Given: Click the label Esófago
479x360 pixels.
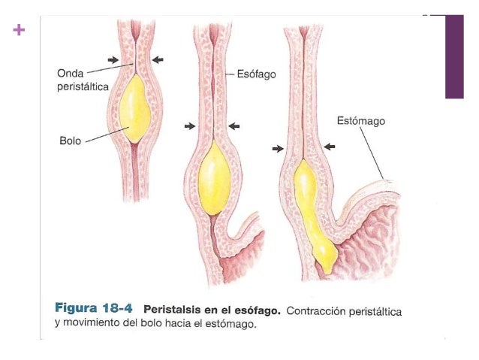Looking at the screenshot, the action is [257, 75].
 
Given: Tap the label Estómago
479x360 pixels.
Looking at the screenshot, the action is [361, 120].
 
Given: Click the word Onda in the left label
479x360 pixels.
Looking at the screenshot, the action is [71, 74].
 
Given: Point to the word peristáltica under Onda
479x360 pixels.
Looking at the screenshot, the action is [83, 87].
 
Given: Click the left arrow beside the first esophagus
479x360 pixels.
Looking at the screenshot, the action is [113, 59].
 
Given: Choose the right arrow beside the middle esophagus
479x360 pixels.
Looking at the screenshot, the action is [235, 126].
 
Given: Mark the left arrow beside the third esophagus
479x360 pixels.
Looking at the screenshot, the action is [278, 149].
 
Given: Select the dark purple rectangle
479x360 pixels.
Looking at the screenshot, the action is [454, 56].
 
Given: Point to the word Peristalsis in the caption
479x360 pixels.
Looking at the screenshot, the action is [170, 309].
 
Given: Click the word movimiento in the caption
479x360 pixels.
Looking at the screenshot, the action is [94, 325].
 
